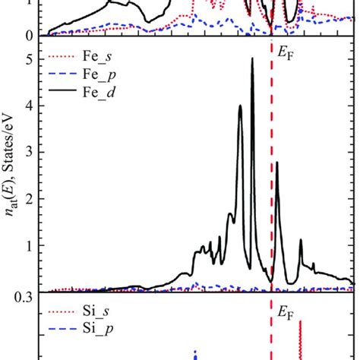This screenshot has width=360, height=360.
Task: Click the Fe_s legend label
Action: click(x=101, y=58)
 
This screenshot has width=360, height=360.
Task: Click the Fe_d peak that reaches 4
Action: click(x=240, y=107)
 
